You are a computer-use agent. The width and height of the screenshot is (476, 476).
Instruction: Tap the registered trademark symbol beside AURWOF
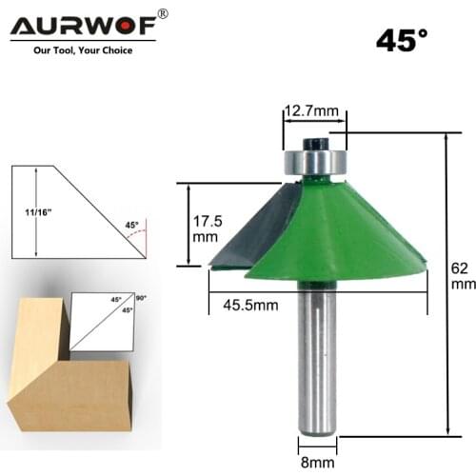[162, 13]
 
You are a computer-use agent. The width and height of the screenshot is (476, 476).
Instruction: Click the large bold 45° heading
[402, 41]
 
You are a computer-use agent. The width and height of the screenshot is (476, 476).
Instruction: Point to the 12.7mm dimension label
[313, 112]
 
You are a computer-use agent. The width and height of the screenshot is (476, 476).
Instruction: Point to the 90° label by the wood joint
[141, 299]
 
